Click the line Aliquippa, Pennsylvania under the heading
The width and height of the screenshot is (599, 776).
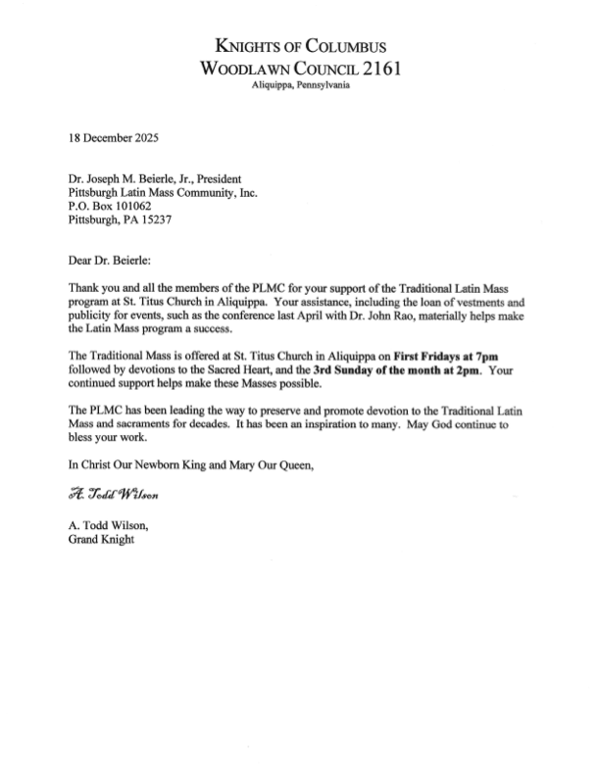(x=299, y=86)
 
